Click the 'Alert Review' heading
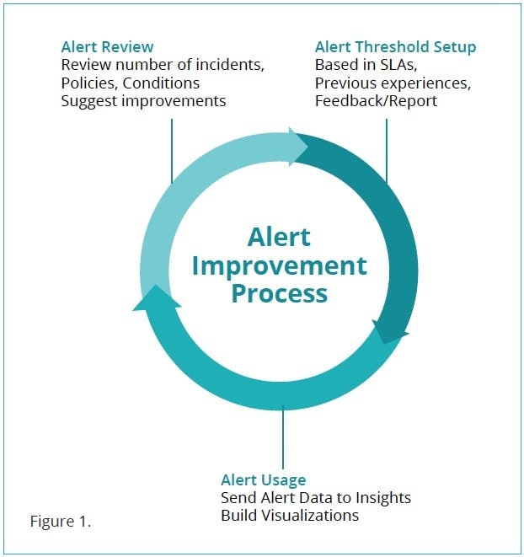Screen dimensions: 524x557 pos(107,47)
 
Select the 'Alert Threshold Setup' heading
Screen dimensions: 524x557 pos(395,47)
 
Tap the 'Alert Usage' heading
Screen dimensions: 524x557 pos(263,480)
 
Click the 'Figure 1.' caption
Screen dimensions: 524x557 pos(61,522)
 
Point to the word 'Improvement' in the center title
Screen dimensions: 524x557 pos(279,266)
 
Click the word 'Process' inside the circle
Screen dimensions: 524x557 pos(279,293)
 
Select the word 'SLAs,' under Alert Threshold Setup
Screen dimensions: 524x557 pos(398,65)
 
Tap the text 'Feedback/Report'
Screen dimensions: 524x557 pos(376,101)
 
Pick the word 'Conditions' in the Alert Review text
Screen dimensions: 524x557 pos(161,83)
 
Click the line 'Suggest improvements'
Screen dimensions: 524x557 pos(143,101)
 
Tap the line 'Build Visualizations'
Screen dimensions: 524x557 pos(290,516)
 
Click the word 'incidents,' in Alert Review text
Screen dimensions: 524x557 pos(230,65)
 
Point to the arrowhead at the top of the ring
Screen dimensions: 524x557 pos(297,147)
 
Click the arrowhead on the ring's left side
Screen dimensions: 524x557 pos(157,298)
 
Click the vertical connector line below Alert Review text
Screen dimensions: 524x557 pos(172,151)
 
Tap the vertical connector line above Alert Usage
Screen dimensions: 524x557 pos(283,437)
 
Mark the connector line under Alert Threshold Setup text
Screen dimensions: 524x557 pos(387,151)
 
